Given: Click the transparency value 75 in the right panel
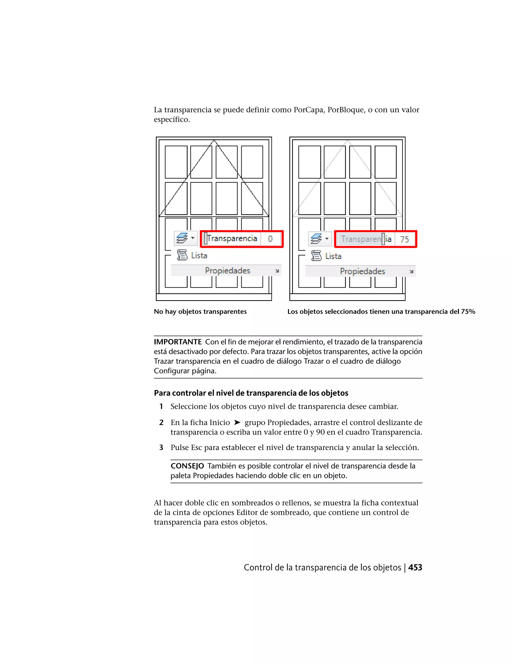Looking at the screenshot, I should pyautogui.click(x=405, y=240).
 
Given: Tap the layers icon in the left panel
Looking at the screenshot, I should pyautogui.click(x=182, y=238).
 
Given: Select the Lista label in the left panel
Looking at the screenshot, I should pyautogui.click(x=199, y=256).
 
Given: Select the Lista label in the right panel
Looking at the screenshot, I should pyautogui.click(x=333, y=256).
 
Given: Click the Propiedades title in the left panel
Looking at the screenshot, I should pyautogui.click(x=228, y=271).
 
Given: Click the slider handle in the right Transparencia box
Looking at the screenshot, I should pyautogui.click(x=383, y=239).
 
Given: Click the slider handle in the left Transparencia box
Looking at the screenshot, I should pyautogui.click(x=206, y=239).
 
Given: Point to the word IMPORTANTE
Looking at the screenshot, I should pyautogui.click(x=178, y=342).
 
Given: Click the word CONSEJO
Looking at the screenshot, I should pyautogui.click(x=187, y=466).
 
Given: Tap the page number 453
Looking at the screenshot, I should pyautogui.click(x=415, y=568).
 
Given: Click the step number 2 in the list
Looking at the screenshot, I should pyautogui.click(x=161, y=423).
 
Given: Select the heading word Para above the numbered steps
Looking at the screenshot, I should pyautogui.click(x=162, y=393).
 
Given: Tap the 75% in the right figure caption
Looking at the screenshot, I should pyautogui.click(x=468, y=312).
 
